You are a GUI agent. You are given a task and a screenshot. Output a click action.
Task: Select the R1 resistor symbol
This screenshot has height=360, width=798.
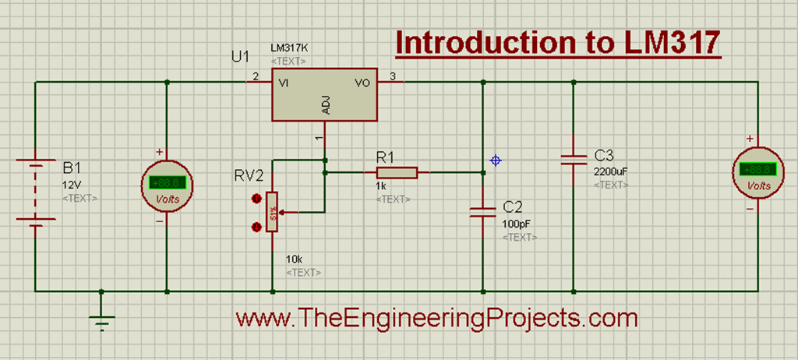click(x=397, y=172)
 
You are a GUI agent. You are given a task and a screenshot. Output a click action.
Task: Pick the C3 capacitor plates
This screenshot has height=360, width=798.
click(x=573, y=159)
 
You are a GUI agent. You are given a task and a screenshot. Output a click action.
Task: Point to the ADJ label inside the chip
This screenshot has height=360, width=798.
click(x=325, y=105)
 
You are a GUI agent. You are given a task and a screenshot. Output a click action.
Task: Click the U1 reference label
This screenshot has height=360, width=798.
click(x=242, y=58)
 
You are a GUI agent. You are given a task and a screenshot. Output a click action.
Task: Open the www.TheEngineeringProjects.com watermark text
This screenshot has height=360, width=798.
click(x=436, y=318)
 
